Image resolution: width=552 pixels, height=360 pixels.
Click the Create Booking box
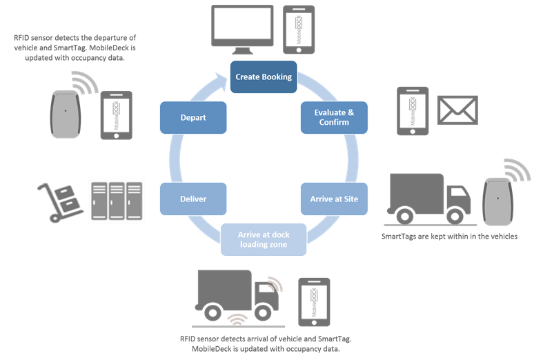pyautogui.click(x=263, y=77)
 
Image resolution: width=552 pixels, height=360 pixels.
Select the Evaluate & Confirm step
pyautogui.click(x=335, y=117)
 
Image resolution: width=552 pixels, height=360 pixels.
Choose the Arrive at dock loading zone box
pyautogui.click(x=264, y=239)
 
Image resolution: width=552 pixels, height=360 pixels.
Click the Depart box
pyautogui.click(x=193, y=117)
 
